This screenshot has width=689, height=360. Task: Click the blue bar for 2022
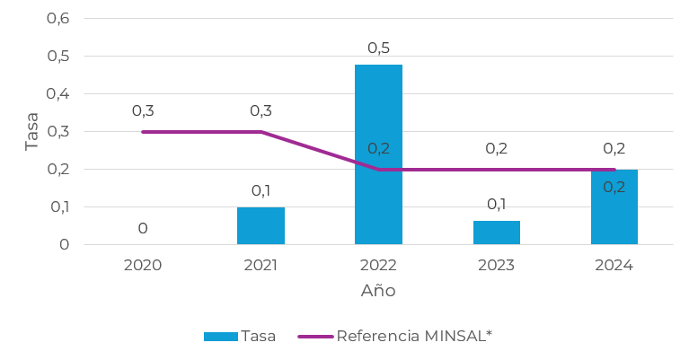coord(378,154)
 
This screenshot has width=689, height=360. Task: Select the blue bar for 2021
coord(261,225)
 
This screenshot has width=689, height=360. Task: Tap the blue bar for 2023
coord(496,233)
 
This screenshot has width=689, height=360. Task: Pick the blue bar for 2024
coord(614,207)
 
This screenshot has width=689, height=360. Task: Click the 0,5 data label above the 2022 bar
coord(378,48)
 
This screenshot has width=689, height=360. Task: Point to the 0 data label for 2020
coord(143,229)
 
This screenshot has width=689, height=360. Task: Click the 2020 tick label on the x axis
coord(143,265)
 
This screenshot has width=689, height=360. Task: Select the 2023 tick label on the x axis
coord(496,265)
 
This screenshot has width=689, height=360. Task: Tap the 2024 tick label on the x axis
coord(614,265)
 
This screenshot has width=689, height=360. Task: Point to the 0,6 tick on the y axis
coord(57,19)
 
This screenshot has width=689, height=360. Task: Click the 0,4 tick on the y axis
coord(57,94)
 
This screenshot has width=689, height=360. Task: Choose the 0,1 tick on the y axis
coord(57,206)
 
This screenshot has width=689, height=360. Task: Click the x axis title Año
coord(378,291)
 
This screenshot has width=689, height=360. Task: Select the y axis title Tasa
coord(32,131)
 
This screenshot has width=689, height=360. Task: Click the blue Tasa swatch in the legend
coord(220,337)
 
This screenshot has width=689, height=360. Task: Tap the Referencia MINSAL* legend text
coord(414,337)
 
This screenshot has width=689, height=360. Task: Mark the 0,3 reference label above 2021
coord(261,111)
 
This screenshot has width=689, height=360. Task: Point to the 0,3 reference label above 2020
coord(143,111)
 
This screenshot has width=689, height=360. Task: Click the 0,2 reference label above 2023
coord(496,149)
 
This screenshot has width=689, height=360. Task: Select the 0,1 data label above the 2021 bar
coord(261,190)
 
